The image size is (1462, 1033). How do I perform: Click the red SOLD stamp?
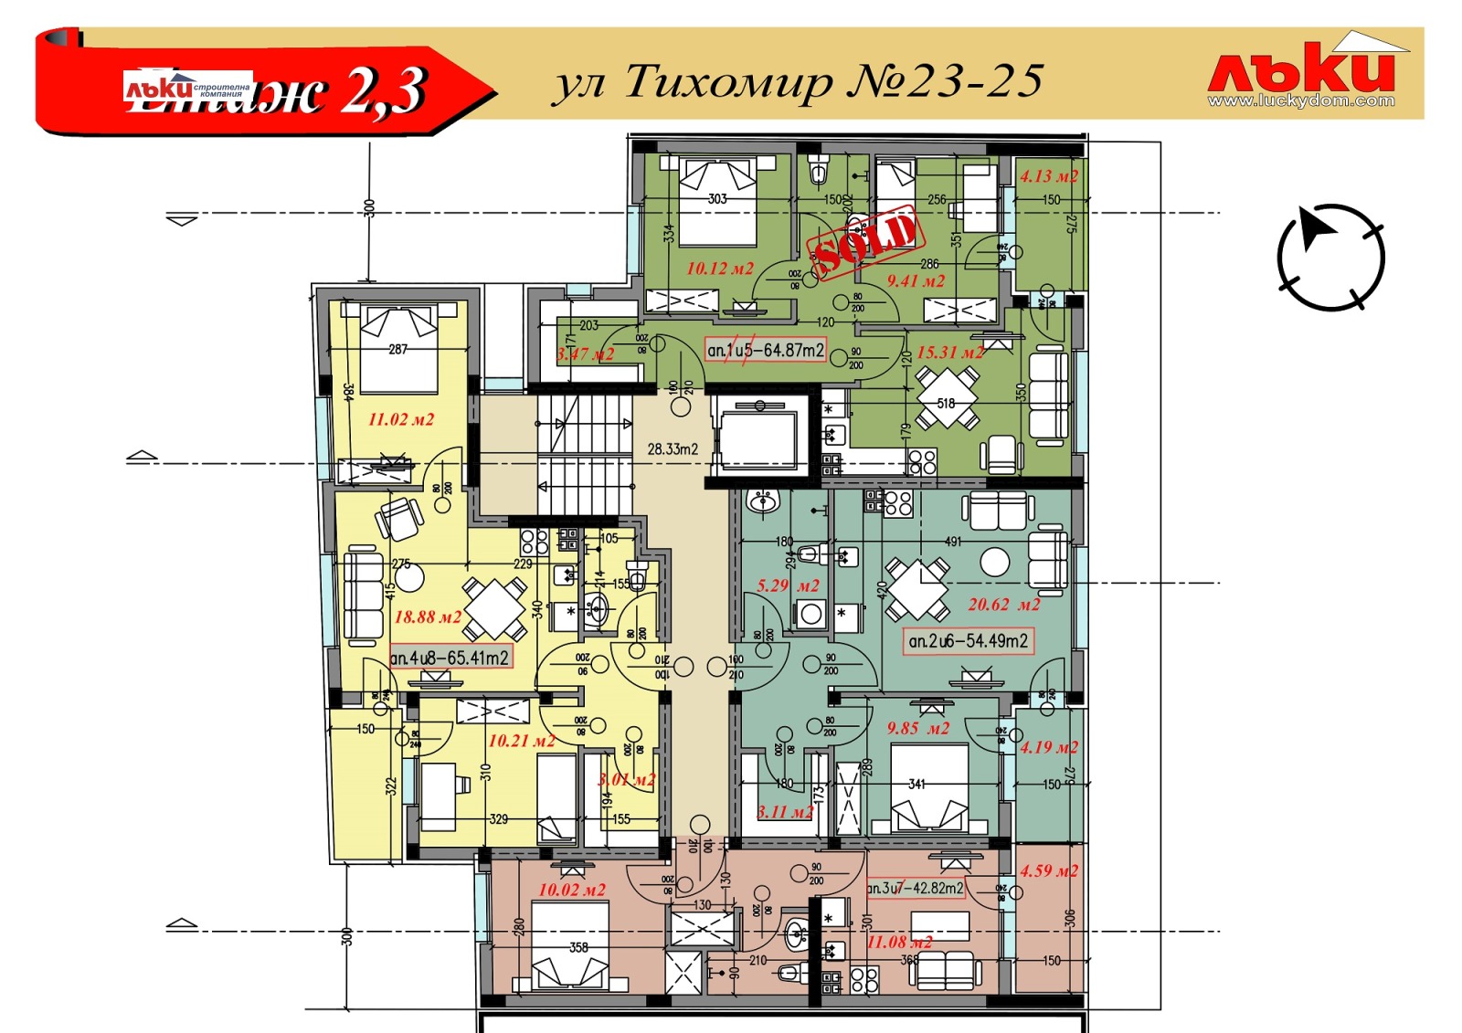point(864,240)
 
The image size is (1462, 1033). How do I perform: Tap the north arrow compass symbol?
point(1330,258)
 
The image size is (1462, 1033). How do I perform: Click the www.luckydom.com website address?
point(1301,101)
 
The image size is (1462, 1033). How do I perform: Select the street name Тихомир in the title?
point(728,82)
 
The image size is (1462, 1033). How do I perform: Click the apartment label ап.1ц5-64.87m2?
point(766,350)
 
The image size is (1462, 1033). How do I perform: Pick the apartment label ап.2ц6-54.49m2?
point(968,641)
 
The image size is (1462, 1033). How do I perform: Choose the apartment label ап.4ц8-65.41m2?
point(450,657)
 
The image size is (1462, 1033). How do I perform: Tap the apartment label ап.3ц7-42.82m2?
point(915,888)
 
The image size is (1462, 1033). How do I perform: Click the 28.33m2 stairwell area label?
point(673,448)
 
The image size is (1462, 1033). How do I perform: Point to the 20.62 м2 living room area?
point(1003,605)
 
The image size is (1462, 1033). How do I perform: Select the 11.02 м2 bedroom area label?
point(401,420)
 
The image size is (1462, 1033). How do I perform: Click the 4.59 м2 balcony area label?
point(1049,871)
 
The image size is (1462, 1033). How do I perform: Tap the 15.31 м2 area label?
point(950,353)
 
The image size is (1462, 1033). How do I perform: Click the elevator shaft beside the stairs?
point(759,437)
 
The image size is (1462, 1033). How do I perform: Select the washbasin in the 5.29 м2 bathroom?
point(762,501)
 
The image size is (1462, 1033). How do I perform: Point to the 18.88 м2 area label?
point(428,617)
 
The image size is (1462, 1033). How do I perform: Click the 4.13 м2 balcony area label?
point(1049,177)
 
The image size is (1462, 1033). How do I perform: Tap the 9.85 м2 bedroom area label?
point(917,729)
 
